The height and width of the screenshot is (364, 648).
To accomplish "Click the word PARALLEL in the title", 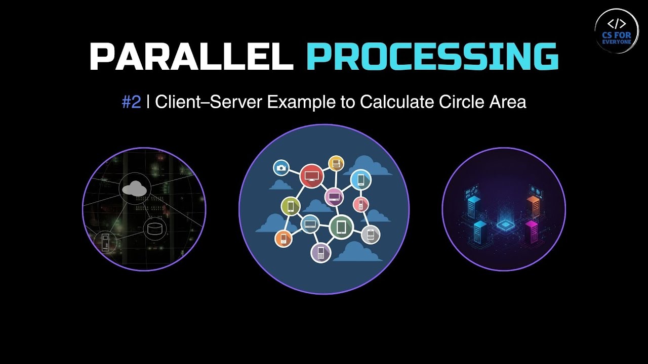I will pyautogui.click(x=191, y=56).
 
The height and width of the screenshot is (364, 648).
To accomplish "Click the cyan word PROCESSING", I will pyautogui.click(x=432, y=56).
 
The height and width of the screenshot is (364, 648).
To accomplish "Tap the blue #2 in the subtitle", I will pyautogui.click(x=131, y=102).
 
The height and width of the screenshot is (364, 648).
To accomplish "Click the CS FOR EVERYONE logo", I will pyautogui.click(x=616, y=30).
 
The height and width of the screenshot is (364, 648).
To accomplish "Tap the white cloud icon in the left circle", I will pyautogui.click(x=135, y=189).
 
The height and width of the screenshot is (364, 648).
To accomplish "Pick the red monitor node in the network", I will pyautogui.click(x=311, y=175).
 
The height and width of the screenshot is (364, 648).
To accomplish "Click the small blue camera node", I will pyautogui.click(x=281, y=168).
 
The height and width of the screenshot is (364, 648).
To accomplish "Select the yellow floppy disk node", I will pyautogui.click(x=336, y=163).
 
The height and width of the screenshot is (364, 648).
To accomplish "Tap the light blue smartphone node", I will pyautogui.click(x=361, y=180).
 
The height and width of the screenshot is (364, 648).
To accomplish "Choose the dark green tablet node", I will pyautogui.click(x=341, y=227).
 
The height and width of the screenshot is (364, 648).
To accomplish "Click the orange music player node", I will pyautogui.click(x=283, y=239).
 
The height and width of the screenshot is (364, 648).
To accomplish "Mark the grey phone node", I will pyautogui.click(x=371, y=234).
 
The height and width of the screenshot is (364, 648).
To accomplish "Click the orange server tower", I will pyautogui.click(x=533, y=206).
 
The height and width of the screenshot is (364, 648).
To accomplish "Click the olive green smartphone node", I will pyautogui.click(x=291, y=206).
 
